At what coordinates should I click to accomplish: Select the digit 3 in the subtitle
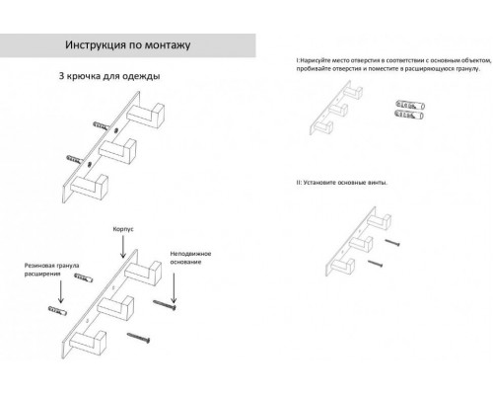[63, 76]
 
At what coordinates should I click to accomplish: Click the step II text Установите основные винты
[341, 183]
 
